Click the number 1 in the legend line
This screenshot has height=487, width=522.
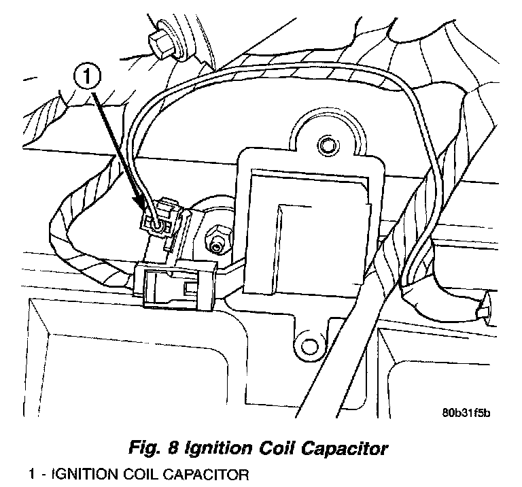point(33,473)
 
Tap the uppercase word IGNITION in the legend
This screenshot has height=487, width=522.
point(84,473)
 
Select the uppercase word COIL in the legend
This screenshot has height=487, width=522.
point(139,473)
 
